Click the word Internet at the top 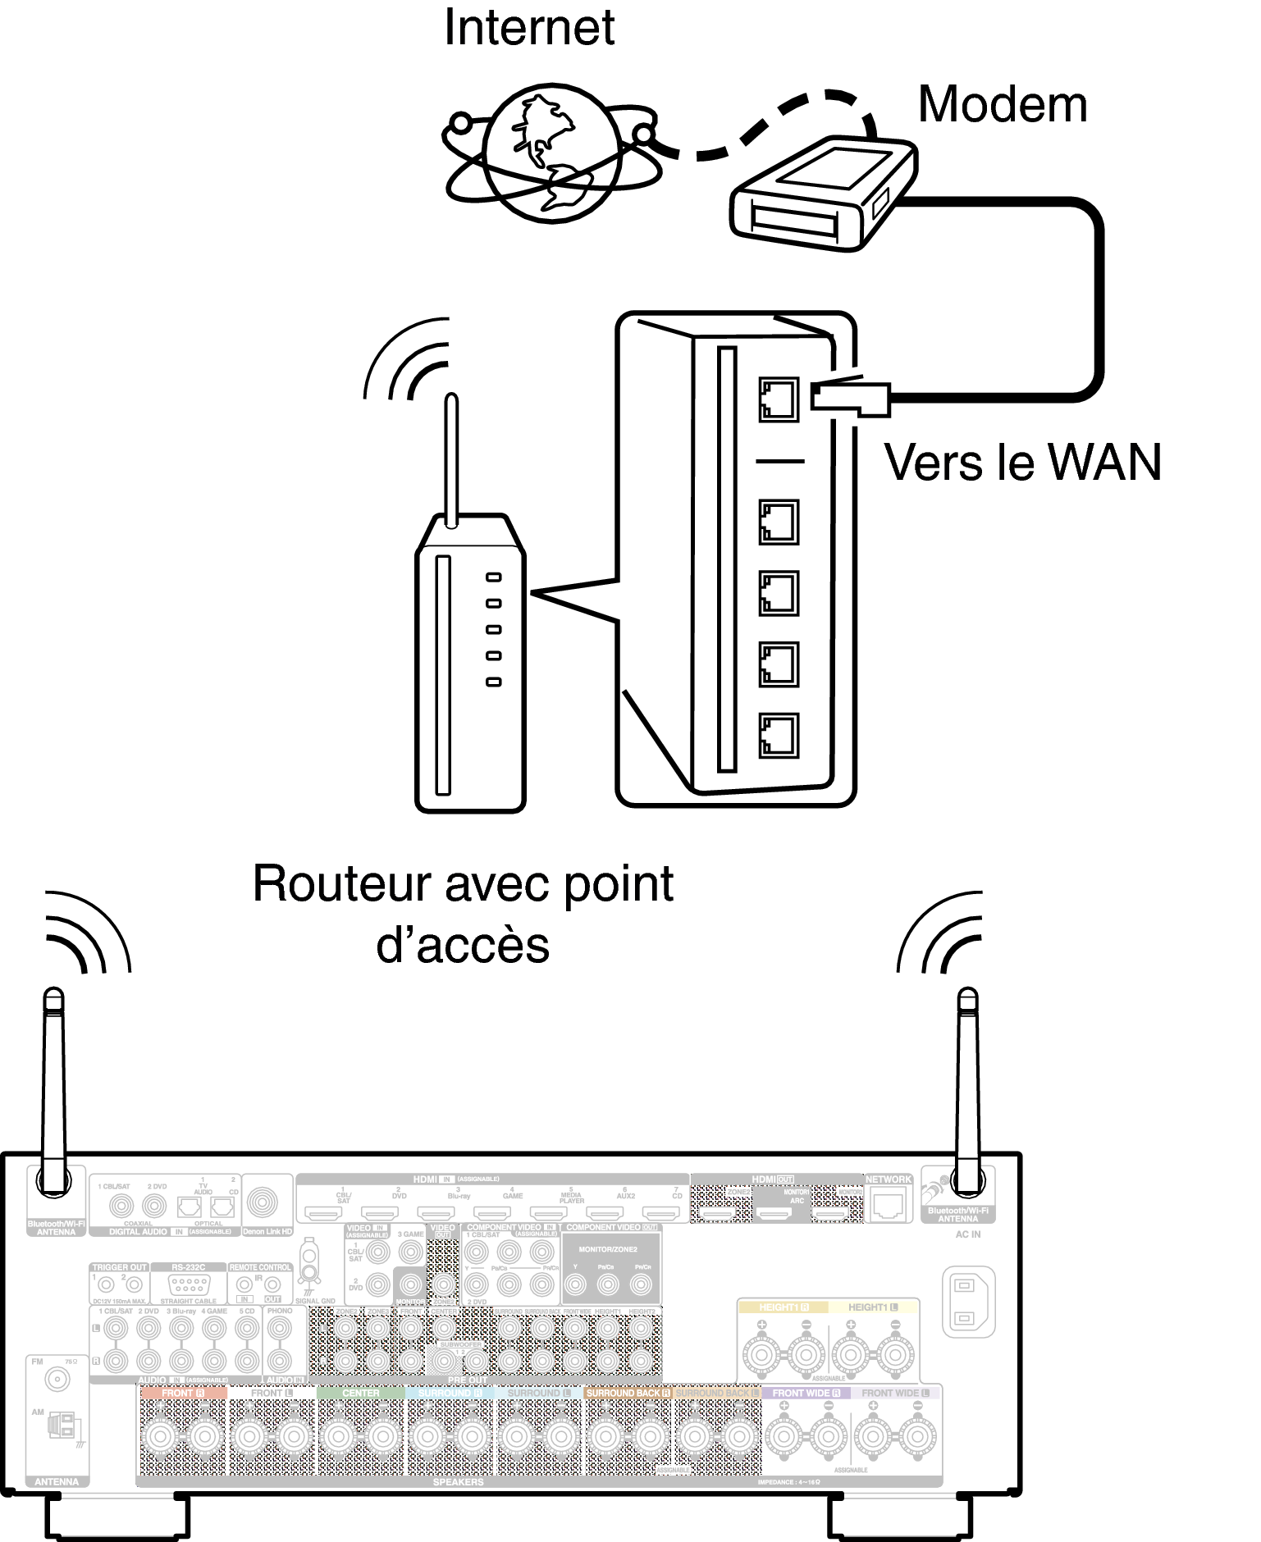[529, 28]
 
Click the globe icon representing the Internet [551, 153]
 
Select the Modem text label [1003, 105]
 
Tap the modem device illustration [822, 195]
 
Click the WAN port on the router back [779, 399]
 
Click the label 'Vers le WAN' [1022, 463]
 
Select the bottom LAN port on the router [779, 735]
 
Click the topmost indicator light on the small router [493, 577]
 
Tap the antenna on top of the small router [450, 459]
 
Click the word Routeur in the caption [343, 884]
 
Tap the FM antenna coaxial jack [57, 1379]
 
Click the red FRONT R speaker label [182, 1393]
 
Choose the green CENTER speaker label [360, 1393]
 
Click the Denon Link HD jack [263, 1203]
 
